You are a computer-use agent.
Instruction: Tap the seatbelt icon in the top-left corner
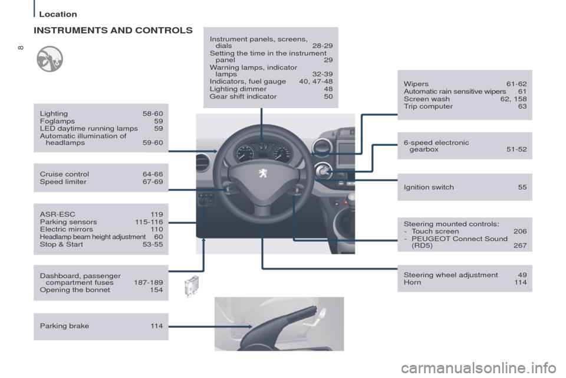(50, 59)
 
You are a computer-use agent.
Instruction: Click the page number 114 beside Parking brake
(156, 326)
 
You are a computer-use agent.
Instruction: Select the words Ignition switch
(429, 187)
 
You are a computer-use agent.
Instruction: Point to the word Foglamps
(57, 121)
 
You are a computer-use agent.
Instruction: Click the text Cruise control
(64, 174)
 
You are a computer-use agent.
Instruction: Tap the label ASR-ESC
(57, 214)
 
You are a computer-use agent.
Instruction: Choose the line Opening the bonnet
(75, 290)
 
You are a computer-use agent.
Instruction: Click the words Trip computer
(428, 107)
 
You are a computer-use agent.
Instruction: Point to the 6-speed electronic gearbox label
(436, 146)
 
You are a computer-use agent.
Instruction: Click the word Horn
(413, 282)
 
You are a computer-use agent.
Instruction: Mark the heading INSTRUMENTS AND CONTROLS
(112, 29)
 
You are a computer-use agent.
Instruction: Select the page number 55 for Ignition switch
(522, 187)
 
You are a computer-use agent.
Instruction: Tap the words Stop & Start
(61, 245)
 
